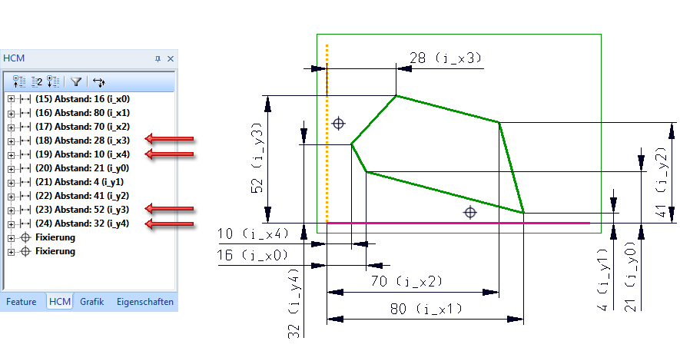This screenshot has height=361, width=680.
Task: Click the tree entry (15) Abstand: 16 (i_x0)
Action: [x=82, y=99]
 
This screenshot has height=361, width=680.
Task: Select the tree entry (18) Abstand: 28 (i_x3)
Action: [x=82, y=141]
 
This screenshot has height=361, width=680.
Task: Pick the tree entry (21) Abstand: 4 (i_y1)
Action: [x=81, y=182]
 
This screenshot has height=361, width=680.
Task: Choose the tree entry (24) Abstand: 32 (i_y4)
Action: [x=82, y=224]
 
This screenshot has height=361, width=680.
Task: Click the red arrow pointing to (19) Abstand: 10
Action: [x=170, y=154]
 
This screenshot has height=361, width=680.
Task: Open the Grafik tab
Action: [x=91, y=302]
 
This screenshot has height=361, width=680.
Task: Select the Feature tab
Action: [x=22, y=302]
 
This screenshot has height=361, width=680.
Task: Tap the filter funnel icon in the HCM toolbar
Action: [x=76, y=81]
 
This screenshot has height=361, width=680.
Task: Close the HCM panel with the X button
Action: [x=171, y=58]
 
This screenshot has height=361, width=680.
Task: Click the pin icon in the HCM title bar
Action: [x=158, y=58]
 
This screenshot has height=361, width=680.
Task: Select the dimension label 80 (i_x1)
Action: [x=426, y=309]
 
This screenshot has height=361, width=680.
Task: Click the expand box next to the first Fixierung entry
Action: [x=11, y=238]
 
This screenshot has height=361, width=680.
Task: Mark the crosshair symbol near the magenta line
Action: [x=469, y=212]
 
